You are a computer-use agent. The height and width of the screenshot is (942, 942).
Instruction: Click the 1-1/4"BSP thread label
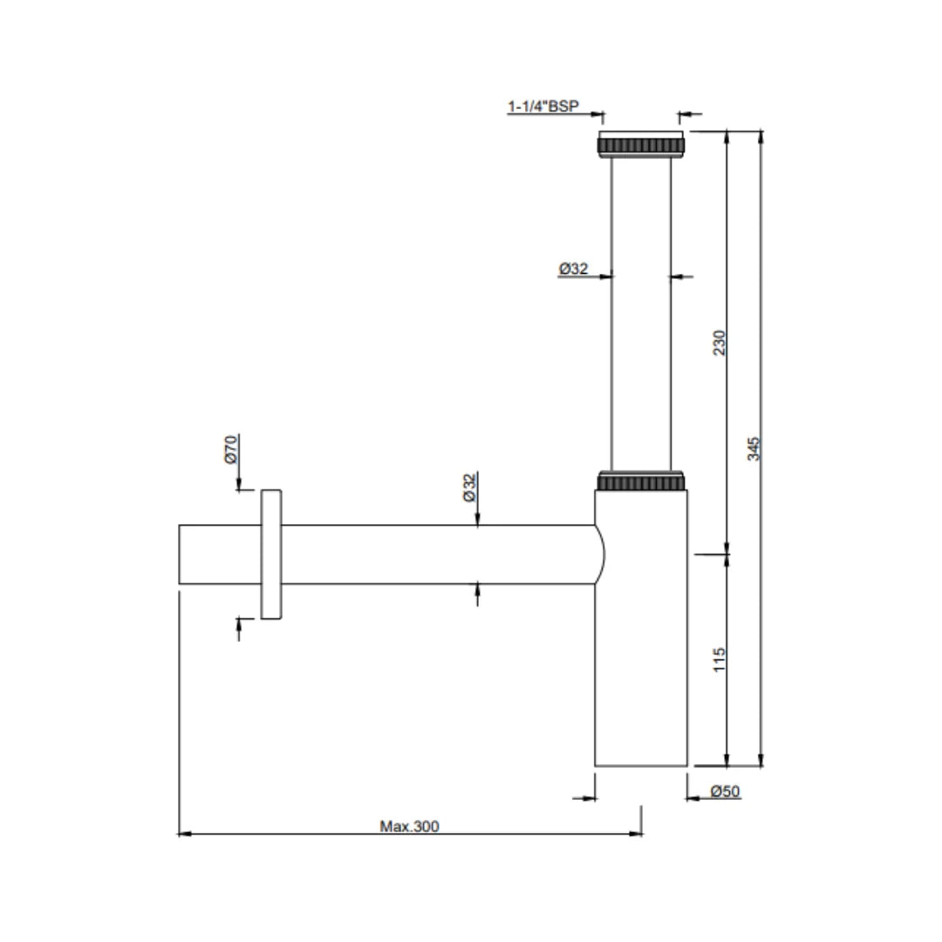click(x=543, y=106)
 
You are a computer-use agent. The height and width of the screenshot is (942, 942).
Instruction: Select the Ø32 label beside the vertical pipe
click(x=573, y=270)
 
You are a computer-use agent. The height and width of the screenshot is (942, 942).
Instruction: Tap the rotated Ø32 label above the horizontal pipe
click(x=469, y=487)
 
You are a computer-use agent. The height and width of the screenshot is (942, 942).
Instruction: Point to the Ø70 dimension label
click(x=231, y=448)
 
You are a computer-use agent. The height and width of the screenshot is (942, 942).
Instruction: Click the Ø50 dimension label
click(x=725, y=791)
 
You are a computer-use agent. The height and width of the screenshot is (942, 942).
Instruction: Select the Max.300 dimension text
click(x=409, y=826)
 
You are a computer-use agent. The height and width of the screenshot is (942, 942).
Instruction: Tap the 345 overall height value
click(x=755, y=448)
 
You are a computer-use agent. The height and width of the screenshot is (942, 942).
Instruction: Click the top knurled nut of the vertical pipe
click(x=641, y=144)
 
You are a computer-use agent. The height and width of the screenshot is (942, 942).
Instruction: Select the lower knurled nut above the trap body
click(x=641, y=481)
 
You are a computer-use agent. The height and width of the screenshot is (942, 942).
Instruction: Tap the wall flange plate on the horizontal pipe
click(x=271, y=555)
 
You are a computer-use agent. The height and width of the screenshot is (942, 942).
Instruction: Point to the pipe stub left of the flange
click(x=219, y=555)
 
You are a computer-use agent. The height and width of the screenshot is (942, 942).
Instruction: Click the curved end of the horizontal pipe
click(x=599, y=555)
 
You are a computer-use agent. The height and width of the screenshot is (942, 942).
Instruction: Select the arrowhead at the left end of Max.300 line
click(x=184, y=835)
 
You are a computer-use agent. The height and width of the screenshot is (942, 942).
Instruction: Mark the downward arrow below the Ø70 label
click(x=239, y=486)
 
